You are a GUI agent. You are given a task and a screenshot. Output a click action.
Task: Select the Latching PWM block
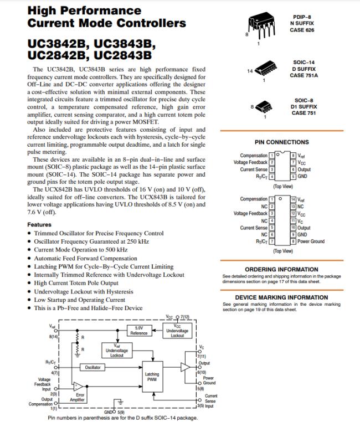(152, 377)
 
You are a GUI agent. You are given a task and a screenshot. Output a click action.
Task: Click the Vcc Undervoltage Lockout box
(177, 331)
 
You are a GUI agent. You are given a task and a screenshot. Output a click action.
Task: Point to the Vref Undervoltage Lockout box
(117, 350)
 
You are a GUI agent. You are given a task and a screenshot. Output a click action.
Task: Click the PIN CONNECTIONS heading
(281, 142)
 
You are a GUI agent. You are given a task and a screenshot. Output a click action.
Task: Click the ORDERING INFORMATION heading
(281, 270)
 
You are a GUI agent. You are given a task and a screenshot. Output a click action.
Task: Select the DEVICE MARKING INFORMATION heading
(281, 297)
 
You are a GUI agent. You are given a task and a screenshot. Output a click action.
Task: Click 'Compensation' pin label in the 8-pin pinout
(254, 156)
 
